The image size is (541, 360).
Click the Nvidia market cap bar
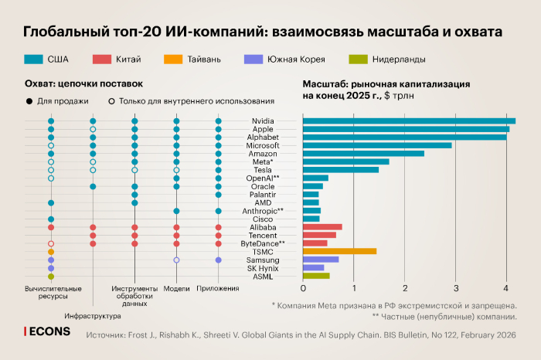click(408, 121)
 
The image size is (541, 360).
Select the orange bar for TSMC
click(339, 251)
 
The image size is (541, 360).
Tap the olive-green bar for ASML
click(316, 276)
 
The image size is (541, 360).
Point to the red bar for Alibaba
click(322, 227)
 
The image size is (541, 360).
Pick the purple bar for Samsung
click(321, 260)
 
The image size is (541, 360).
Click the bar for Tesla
click(341, 170)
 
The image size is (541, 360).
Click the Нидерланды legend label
click(399, 59)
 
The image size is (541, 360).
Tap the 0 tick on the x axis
click(303, 290)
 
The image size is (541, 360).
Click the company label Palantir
click(263, 195)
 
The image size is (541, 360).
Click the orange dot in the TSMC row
click(51, 252)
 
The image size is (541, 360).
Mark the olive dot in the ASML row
click(51, 276)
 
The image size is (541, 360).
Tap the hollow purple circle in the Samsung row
click(176, 260)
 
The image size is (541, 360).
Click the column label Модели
click(176, 289)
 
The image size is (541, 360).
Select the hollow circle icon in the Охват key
click(112, 101)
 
